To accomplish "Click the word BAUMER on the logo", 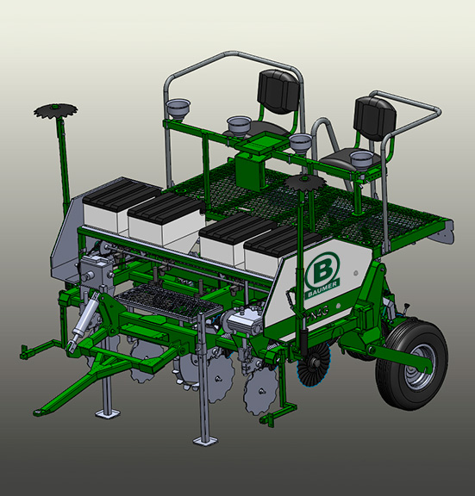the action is (322, 288).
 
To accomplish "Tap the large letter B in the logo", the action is (321, 271).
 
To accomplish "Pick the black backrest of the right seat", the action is (375, 118).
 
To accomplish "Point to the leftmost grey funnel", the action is (178, 108).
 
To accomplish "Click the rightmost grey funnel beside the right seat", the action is (362, 160).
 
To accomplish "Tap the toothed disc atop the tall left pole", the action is (56, 110).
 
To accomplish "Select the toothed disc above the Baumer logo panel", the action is (304, 182).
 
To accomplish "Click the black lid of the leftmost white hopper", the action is (122, 191).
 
